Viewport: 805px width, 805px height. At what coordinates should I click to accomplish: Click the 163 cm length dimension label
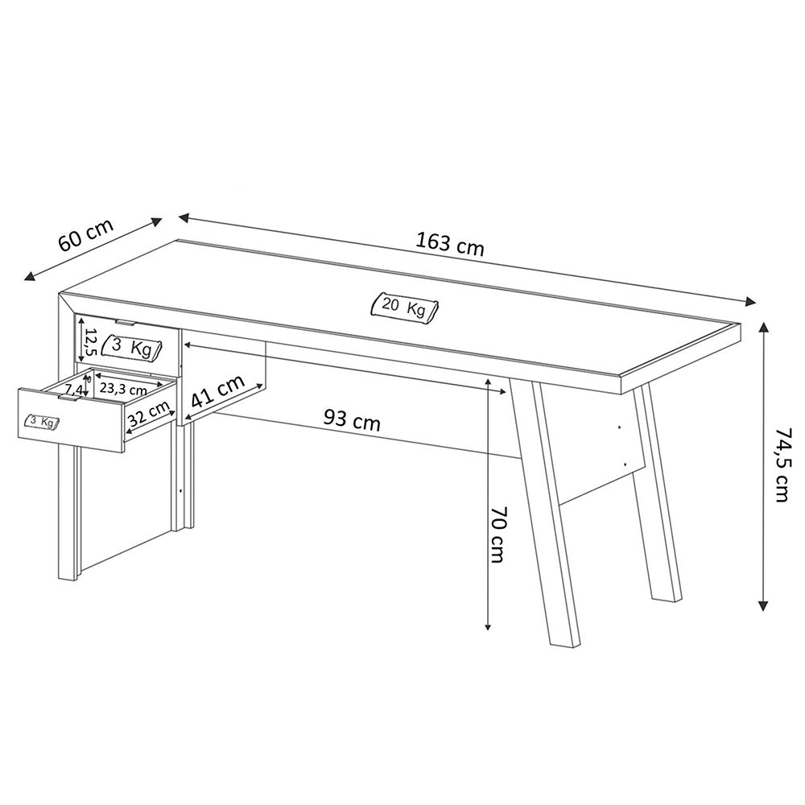pyautogui.click(x=450, y=244)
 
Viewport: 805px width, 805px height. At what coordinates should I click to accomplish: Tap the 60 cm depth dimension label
pyautogui.click(x=86, y=235)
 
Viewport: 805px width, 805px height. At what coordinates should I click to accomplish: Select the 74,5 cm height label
pyautogui.click(x=782, y=464)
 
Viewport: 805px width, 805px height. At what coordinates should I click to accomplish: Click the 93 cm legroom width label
pyautogui.click(x=353, y=420)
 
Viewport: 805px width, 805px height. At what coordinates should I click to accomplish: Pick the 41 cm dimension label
pyautogui.click(x=217, y=390)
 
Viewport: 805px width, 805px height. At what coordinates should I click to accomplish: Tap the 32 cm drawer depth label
pyautogui.click(x=149, y=413)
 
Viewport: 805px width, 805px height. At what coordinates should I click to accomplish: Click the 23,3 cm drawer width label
pyautogui.click(x=123, y=389)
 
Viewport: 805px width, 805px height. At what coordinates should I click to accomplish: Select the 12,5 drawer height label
pyautogui.click(x=90, y=342)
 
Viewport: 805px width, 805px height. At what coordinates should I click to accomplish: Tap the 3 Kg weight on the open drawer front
pyautogui.click(x=43, y=422)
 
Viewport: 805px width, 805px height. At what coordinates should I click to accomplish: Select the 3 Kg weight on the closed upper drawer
pyautogui.click(x=132, y=347)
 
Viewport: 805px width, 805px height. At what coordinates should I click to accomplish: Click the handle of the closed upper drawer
pyautogui.click(x=126, y=323)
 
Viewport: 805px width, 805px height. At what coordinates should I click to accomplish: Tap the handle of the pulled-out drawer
pyautogui.click(x=70, y=397)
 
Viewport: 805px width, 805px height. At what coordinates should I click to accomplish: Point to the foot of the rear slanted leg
pyautogui.click(x=667, y=597)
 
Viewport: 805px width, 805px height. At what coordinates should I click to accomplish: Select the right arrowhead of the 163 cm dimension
pyautogui.click(x=750, y=302)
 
